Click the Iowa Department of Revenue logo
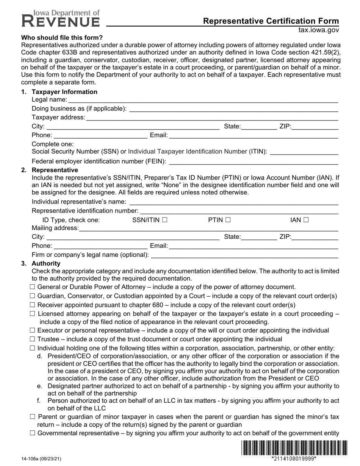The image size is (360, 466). pos(61,18)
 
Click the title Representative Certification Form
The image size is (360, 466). pos(271,21)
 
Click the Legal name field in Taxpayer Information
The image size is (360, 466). pos(203,100)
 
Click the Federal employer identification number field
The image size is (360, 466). pos(253,161)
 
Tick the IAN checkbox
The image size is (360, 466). pos(306,220)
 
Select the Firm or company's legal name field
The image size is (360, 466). pos(244,255)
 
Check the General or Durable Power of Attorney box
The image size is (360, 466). pos(32,287)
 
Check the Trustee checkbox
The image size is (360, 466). pos(32,339)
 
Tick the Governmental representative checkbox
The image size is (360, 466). pos(32,433)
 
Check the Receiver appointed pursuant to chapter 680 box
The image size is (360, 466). pos(32,305)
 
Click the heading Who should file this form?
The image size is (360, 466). pos(62,38)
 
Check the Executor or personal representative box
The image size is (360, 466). pos(32,330)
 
